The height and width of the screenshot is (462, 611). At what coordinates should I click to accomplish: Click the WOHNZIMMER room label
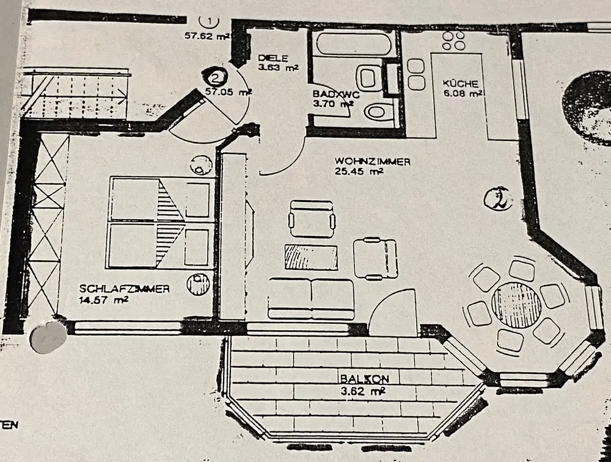tap(372, 162)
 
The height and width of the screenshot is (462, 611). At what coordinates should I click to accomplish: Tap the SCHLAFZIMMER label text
tap(125, 289)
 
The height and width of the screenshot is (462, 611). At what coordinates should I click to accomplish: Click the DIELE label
tap(269, 58)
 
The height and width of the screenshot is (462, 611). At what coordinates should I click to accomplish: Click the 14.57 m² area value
tap(103, 300)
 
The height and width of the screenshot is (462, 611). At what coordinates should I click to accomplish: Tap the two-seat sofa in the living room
tap(311, 298)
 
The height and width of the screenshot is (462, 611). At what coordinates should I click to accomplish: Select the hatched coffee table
tap(311, 256)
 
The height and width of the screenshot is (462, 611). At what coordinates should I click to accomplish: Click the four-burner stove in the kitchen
tap(453, 40)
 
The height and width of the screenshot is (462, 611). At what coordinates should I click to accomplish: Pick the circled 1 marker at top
tap(211, 22)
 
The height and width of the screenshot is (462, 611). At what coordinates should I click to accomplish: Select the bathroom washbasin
tap(368, 78)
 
